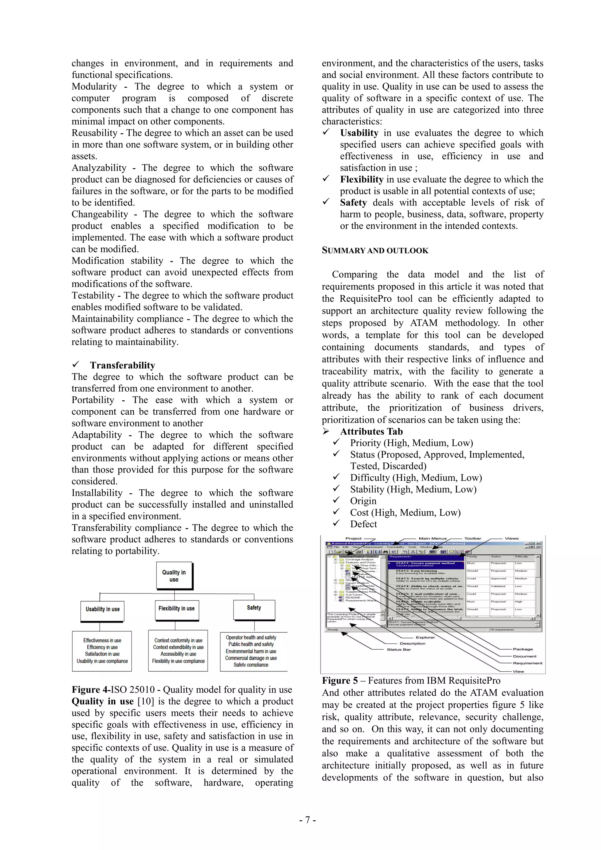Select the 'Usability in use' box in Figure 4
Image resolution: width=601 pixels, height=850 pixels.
tap(102, 609)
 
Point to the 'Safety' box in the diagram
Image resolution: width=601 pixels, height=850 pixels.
tap(254, 608)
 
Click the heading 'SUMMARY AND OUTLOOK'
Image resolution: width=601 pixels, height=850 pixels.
tap(375, 251)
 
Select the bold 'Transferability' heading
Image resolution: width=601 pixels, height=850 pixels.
tap(122, 365)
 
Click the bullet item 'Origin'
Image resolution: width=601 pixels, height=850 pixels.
tap(363, 501)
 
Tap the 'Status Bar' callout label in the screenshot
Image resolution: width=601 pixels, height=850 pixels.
tap(399, 649)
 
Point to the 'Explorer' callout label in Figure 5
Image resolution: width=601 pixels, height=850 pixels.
tap(425, 637)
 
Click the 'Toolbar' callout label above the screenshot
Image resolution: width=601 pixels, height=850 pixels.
tap(472, 539)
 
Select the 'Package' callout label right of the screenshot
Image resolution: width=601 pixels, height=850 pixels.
tap(523, 649)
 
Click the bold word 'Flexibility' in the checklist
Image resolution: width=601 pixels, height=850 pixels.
tap(362, 180)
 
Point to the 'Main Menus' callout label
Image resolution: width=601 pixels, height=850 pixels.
tap(432, 539)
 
